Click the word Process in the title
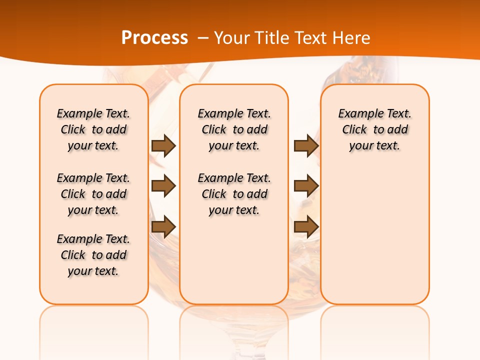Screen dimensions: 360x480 [154, 37]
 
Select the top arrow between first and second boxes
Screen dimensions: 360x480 [163, 145]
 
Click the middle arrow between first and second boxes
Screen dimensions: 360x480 [163, 186]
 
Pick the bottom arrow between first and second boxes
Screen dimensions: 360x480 [163, 226]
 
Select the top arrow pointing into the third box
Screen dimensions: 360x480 [306, 145]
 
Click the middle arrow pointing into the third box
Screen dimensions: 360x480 [306, 186]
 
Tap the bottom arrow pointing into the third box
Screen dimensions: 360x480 [306, 226]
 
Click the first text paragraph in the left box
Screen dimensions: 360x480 [93, 129]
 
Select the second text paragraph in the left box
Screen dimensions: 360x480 [93, 194]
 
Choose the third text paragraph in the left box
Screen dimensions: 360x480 [93, 255]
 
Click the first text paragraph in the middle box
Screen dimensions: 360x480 [234, 129]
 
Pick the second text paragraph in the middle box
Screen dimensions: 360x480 [234, 194]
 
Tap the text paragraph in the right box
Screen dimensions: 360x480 [375, 129]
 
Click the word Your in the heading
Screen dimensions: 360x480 [232, 37]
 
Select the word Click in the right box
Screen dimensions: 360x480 [354, 130]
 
